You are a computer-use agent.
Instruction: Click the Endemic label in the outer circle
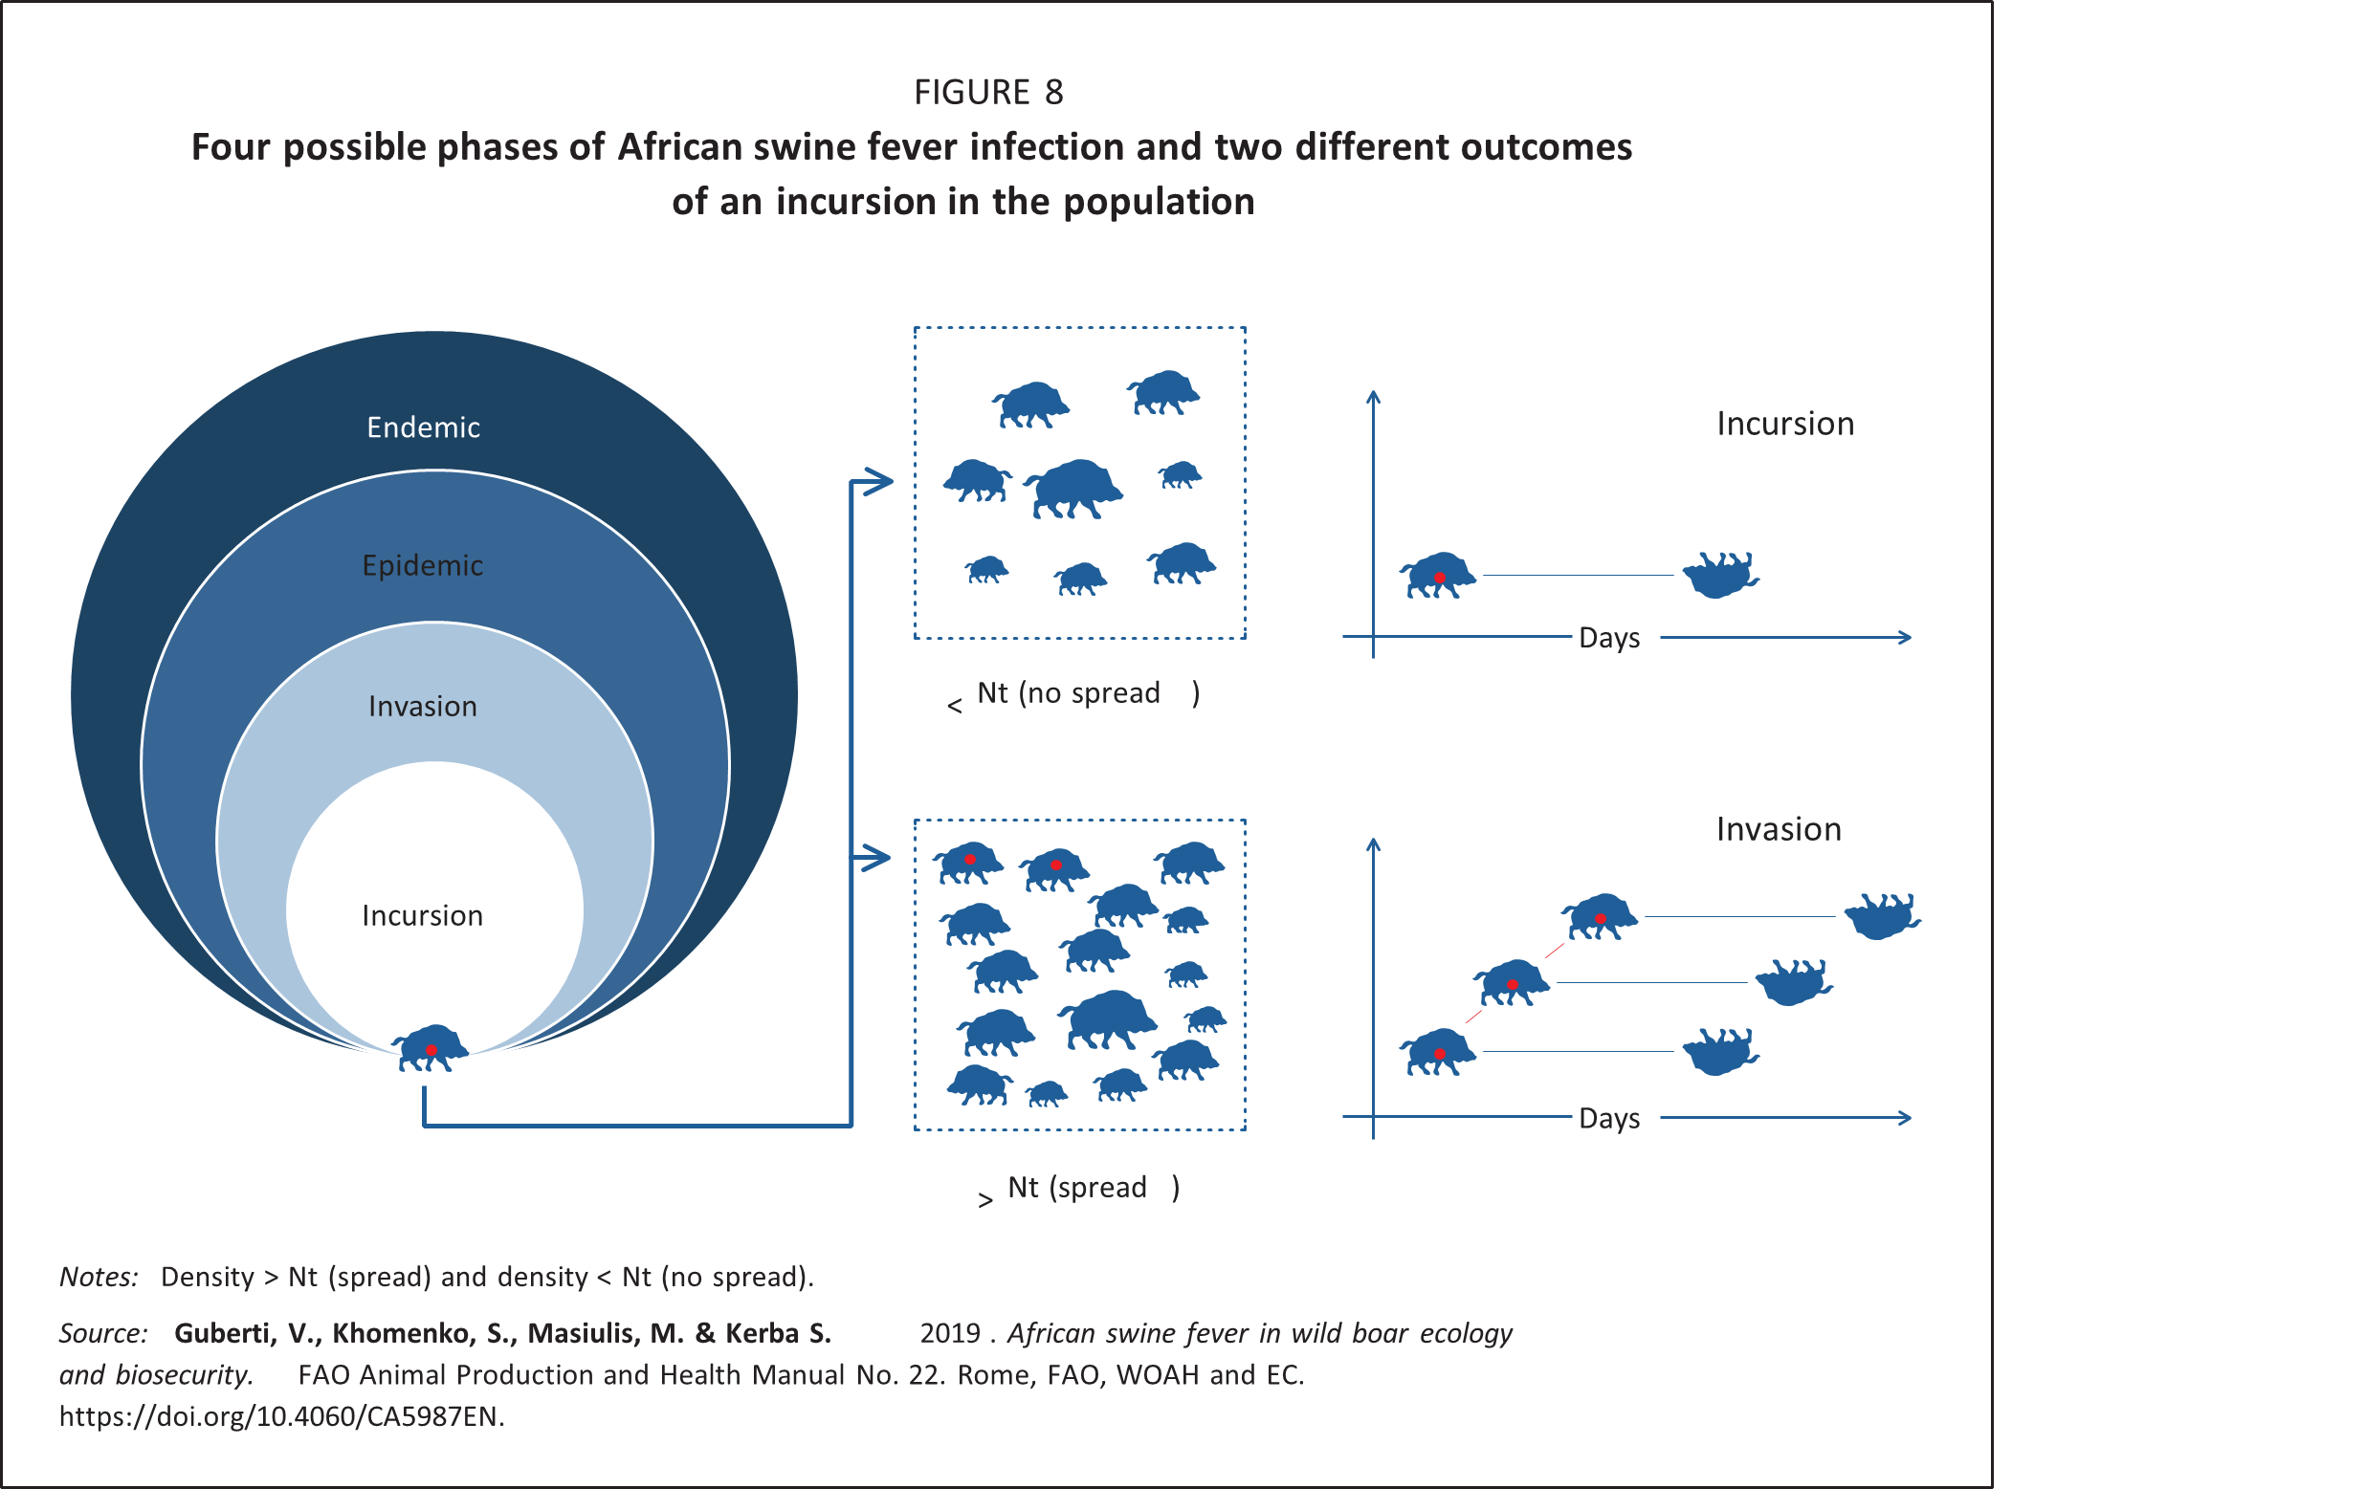424,427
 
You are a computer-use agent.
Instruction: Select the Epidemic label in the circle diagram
423,566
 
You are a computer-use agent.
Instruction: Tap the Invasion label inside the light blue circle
423,706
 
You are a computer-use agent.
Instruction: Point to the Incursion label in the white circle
423,915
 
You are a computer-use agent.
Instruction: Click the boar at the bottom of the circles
431,1048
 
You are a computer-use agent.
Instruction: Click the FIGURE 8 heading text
988,93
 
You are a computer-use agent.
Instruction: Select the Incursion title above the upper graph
1784,424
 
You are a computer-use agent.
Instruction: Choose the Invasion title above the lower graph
1779,829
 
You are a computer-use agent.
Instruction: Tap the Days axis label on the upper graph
1608,639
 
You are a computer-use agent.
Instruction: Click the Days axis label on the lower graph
1608,1119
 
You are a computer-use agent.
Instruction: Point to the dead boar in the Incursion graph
1719,575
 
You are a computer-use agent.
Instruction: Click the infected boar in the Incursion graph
1437,576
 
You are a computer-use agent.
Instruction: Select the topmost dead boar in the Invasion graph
1881,915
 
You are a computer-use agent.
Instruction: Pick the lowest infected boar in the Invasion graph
1437,1052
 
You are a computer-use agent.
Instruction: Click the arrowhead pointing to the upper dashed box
877,481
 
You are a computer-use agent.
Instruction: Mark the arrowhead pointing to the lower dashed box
875,858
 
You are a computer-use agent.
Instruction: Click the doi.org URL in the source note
281,1416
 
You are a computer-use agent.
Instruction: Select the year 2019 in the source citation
949,1333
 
